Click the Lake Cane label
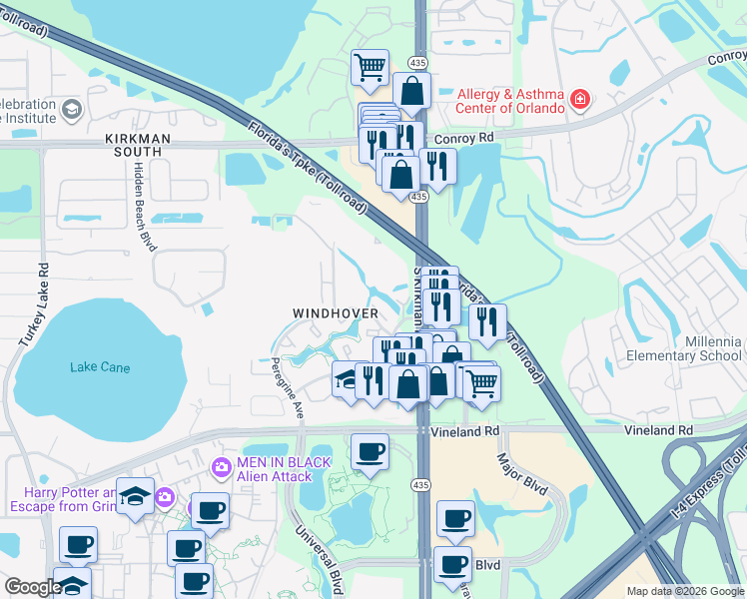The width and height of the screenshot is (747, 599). (100, 367)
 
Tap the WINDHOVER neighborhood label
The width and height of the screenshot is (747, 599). (336, 313)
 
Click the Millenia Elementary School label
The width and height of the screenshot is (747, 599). (684, 348)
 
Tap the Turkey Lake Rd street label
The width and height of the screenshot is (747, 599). (44, 299)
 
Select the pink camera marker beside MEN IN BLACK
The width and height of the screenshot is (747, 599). (222, 466)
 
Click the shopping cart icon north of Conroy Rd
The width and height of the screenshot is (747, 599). (370, 68)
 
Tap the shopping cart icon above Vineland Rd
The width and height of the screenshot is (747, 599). (481, 382)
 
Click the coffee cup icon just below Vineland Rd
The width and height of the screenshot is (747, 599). (370, 452)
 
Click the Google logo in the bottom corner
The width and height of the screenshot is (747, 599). (33, 587)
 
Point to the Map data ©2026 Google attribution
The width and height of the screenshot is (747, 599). (686, 591)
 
